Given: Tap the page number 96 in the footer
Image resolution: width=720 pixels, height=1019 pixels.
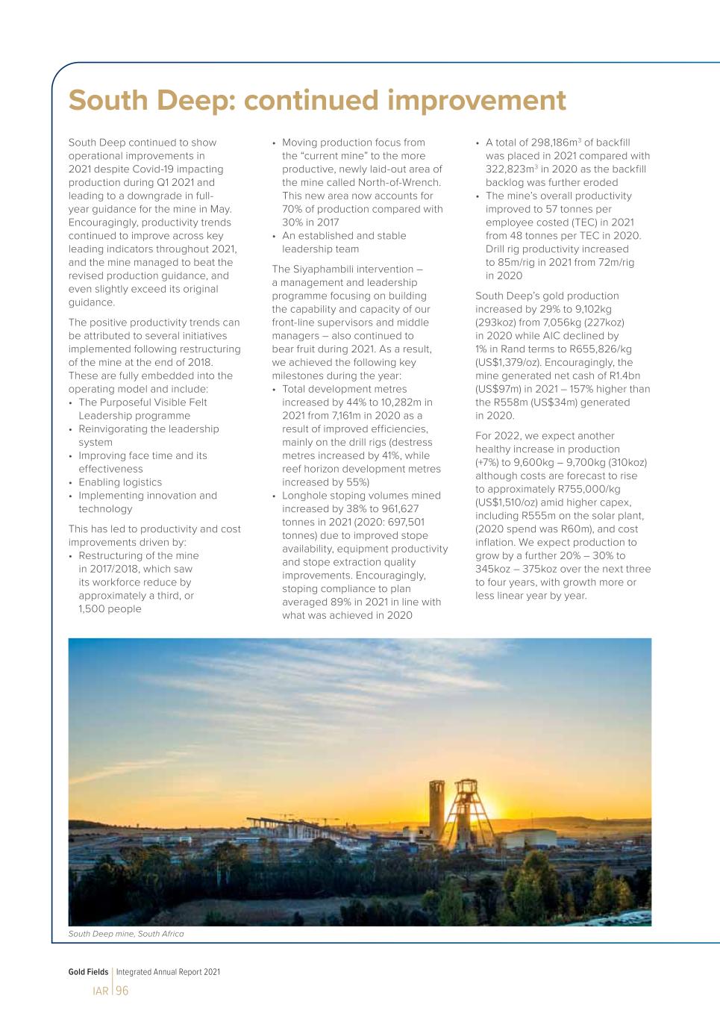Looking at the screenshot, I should [122, 991].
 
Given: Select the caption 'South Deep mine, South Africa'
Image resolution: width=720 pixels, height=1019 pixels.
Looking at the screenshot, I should [126, 934].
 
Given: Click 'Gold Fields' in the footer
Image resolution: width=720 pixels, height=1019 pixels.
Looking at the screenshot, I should [88, 972].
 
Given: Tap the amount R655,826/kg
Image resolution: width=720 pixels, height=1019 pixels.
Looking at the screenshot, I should [594, 349].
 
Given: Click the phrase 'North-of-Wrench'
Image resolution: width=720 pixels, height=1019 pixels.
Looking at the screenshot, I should [398, 183].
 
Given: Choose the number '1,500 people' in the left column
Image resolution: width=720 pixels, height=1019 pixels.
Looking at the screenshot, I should [110, 609].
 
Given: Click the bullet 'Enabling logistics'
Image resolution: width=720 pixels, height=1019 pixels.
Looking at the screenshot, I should [120, 482].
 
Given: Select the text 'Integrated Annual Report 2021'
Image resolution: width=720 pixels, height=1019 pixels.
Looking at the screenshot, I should [168, 972].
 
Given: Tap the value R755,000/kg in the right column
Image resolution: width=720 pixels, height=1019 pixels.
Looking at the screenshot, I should [585, 489].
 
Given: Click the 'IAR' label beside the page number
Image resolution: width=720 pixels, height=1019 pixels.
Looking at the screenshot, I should [101, 991].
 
